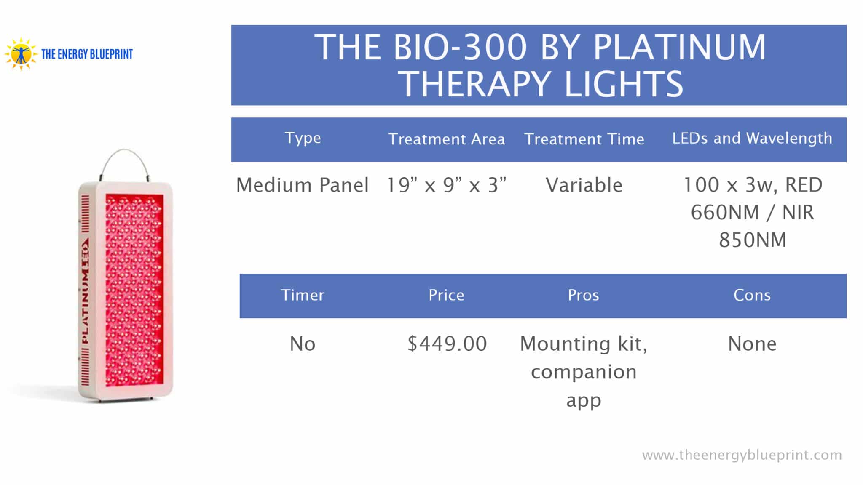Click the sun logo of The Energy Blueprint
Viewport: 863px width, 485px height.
coord(20,54)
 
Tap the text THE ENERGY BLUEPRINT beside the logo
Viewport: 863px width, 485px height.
coord(87,54)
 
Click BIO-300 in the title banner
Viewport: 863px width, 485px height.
coord(460,47)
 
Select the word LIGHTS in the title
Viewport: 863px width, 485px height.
coord(623,84)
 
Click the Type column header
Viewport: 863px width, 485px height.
coord(303,138)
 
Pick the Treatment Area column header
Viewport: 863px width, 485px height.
coord(446,139)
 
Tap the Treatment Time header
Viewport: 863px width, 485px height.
coord(584,139)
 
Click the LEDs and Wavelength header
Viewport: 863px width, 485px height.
coord(752,138)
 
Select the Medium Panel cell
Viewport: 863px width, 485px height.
coord(302,185)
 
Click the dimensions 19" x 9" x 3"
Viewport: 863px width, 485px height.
coord(446,185)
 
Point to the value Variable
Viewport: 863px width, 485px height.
coord(584,185)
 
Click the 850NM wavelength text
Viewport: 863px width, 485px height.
coord(752,240)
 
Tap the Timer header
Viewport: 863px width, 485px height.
coord(303,295)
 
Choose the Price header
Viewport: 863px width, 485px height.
coord(446,295)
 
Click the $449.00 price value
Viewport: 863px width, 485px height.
coord(447,344)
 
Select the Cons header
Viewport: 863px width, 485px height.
coord(752,295)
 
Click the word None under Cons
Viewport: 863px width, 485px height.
coord(752,344)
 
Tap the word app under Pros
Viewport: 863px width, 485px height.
coord(584,400)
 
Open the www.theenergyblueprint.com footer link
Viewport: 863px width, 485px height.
coord(742,455)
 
